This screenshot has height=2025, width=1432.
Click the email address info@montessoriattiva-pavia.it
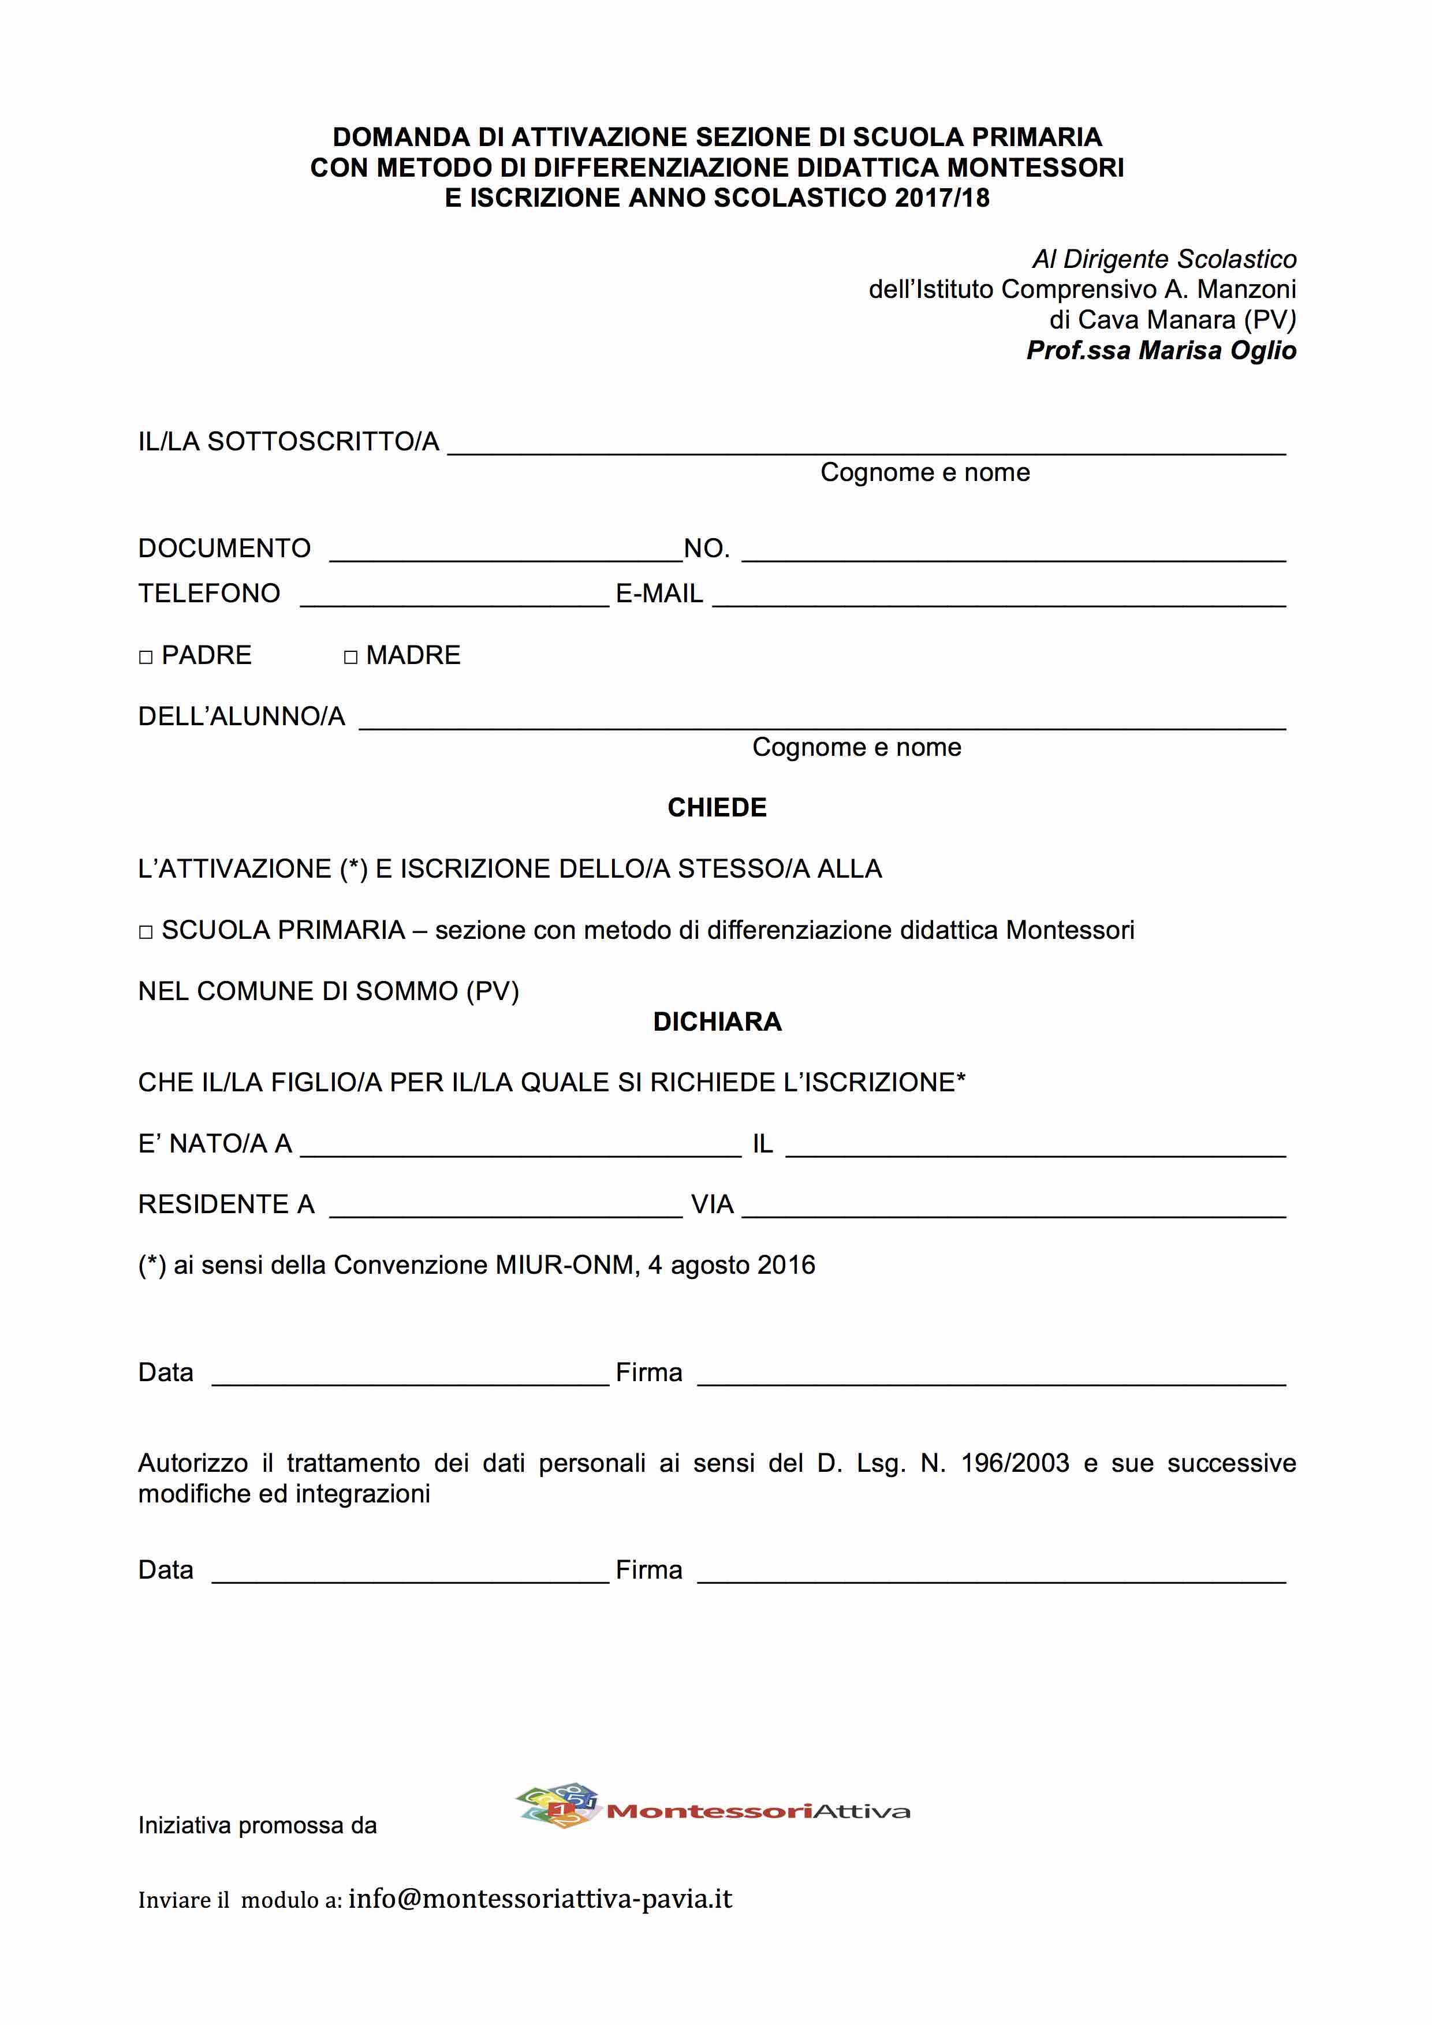[x=540, y=1899]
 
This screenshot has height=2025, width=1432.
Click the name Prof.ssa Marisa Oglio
[x=1161, y=351]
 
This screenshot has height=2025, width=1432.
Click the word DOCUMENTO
[x=224, y=549]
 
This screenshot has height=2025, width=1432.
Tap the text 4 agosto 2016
[x=731, y=1266]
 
